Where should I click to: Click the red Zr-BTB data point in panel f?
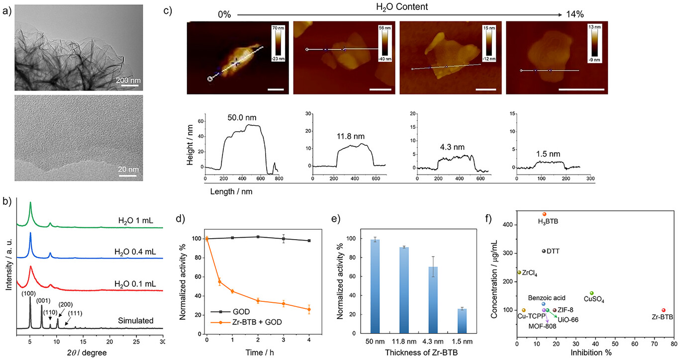(663, 310)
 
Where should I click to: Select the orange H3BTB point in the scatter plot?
(544, 214)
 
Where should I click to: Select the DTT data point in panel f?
(544, 251)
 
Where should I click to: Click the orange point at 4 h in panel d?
(309, 309)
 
